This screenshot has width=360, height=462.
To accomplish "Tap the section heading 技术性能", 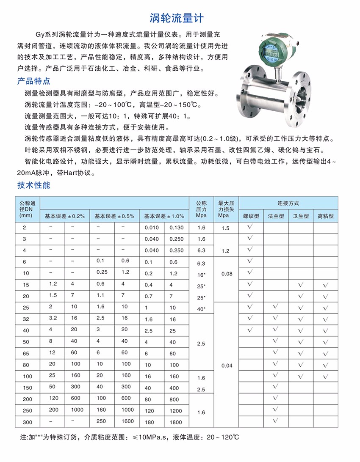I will pos(33,185).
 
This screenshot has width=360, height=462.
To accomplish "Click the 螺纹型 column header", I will pos(251,216).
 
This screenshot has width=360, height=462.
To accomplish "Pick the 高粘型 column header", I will pos(326,216).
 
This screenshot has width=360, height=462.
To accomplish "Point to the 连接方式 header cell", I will pos(288,203).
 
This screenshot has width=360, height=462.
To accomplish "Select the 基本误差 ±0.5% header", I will pos(114,216).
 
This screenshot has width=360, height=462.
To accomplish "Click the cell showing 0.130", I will pos(176,228).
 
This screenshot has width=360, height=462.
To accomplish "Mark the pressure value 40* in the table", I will pos(201,309).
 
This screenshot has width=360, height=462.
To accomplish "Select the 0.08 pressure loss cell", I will pos(227,274).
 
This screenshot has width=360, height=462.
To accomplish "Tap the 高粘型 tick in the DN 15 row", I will pos(325,284).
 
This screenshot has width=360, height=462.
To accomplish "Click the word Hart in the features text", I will pos(77,173).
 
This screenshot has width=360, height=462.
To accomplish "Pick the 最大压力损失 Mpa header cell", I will pos(226,209).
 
